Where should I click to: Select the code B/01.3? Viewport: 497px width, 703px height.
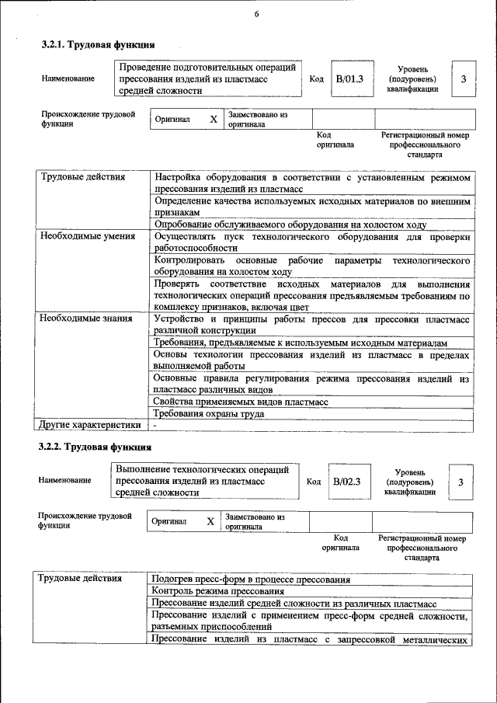click(349, 78)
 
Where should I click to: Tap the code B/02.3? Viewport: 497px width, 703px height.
click(347, 482)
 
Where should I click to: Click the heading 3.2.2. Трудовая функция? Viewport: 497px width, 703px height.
click(95, 447)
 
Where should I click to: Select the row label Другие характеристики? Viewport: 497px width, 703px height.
click(89, 425)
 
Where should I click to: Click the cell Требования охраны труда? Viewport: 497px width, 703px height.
click(208, 414)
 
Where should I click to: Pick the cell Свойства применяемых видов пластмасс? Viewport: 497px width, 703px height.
click(241, 402)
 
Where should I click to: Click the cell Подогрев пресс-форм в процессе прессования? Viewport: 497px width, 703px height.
click(250, 579)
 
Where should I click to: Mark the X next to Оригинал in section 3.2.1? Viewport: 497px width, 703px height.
click(213, 120)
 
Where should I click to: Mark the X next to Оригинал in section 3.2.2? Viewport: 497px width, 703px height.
click(210, 522)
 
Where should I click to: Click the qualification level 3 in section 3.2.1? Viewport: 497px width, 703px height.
click(464, 78)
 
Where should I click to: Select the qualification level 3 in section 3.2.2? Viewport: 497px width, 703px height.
click(461, 482)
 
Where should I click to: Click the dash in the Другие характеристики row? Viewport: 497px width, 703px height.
click(155, 426)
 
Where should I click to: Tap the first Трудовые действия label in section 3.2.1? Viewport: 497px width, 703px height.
click(82, 178)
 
